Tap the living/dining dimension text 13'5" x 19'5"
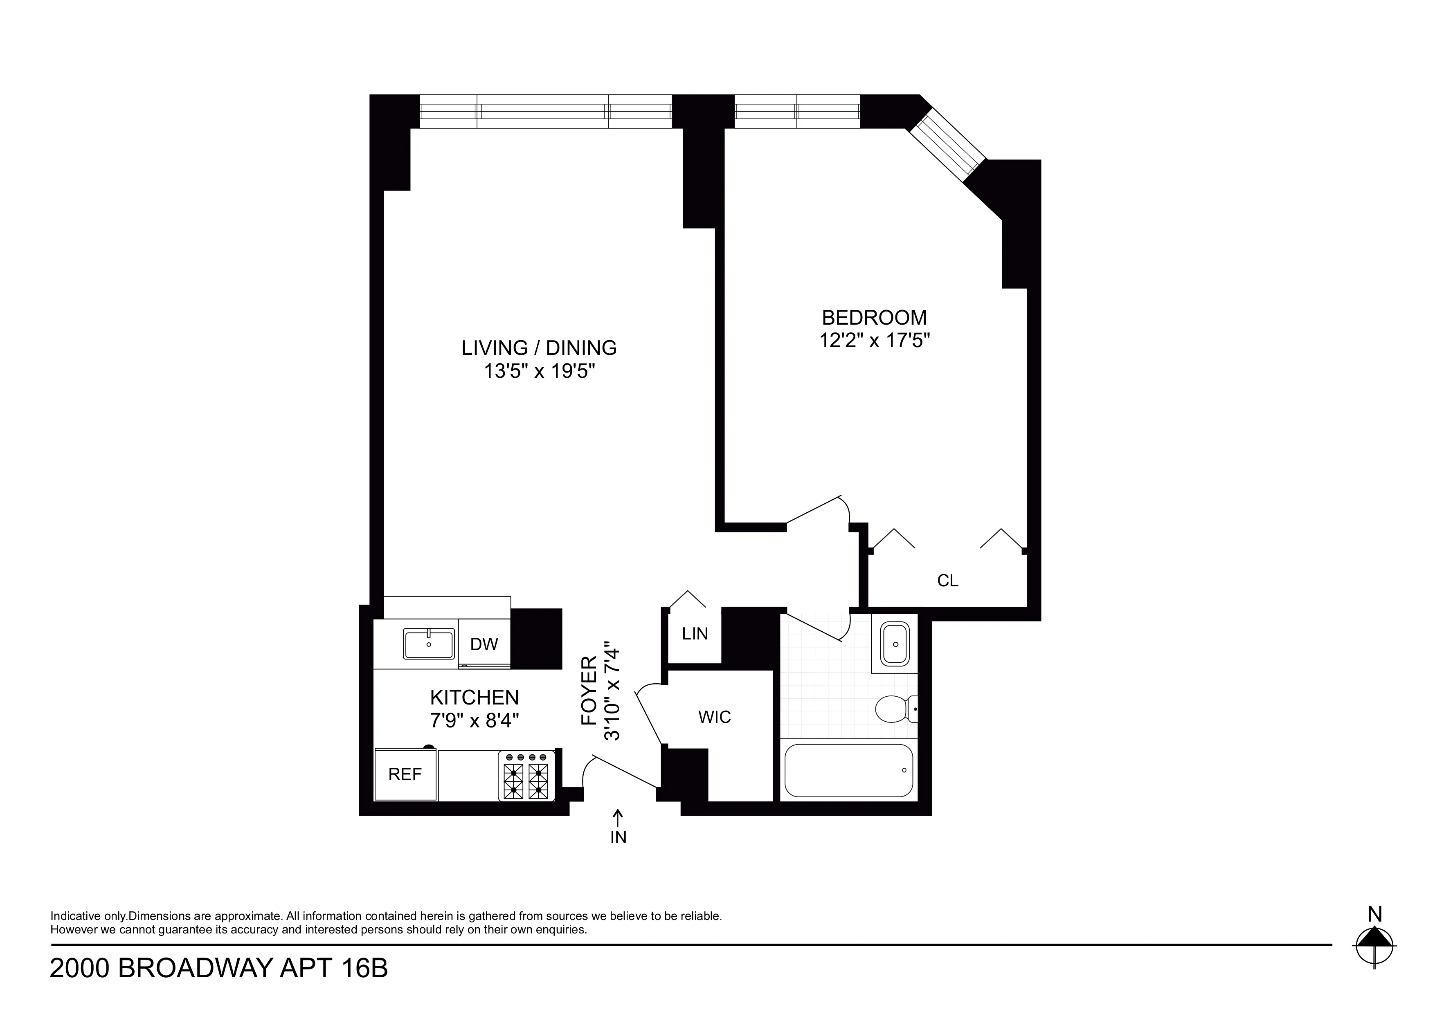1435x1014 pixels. [x=539, y=371]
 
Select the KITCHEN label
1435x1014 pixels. [x=475, y=697]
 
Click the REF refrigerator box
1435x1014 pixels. [x=405, y=775]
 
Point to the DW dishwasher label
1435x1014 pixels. [x=484, y=644]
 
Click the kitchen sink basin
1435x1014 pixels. [x=429, y=644]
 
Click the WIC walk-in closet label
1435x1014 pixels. [x=714, y=717]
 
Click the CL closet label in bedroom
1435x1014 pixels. [x=947, y=581]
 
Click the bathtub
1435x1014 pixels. [x=848, y=770]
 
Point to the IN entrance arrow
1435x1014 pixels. [x=618, y=826]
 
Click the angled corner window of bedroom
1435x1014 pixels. [x=946, y=145]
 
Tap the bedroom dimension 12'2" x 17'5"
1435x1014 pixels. [x=875, y=341]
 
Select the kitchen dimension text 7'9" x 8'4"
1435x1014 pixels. [x=475, y=720]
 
